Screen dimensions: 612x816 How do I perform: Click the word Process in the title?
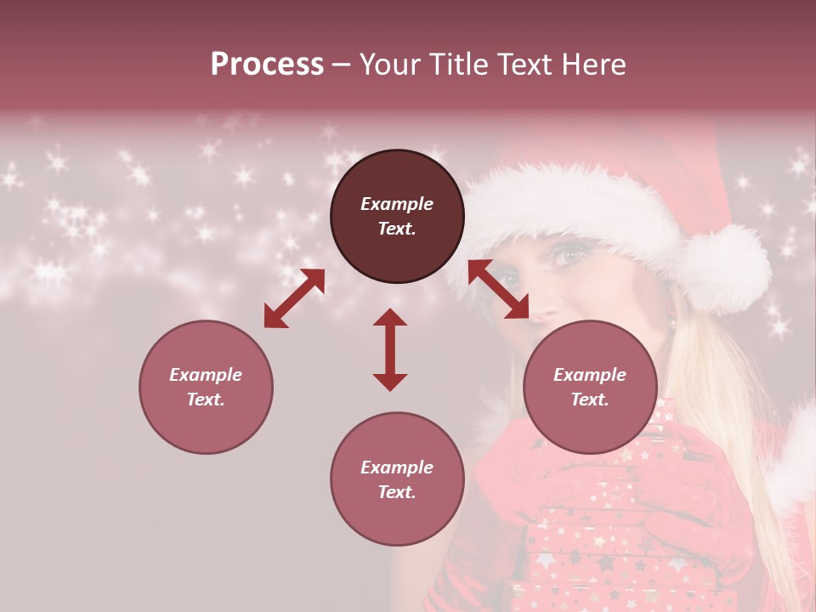tap(267, 65)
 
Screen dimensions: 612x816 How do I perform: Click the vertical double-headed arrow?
tap(390, 349)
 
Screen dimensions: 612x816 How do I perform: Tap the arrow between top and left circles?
tap(294, 298)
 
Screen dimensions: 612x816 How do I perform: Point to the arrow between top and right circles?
tap(499, 289)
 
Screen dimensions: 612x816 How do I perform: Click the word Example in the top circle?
tap(397, 204)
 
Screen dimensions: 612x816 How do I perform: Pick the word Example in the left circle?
tap(206, 375)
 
